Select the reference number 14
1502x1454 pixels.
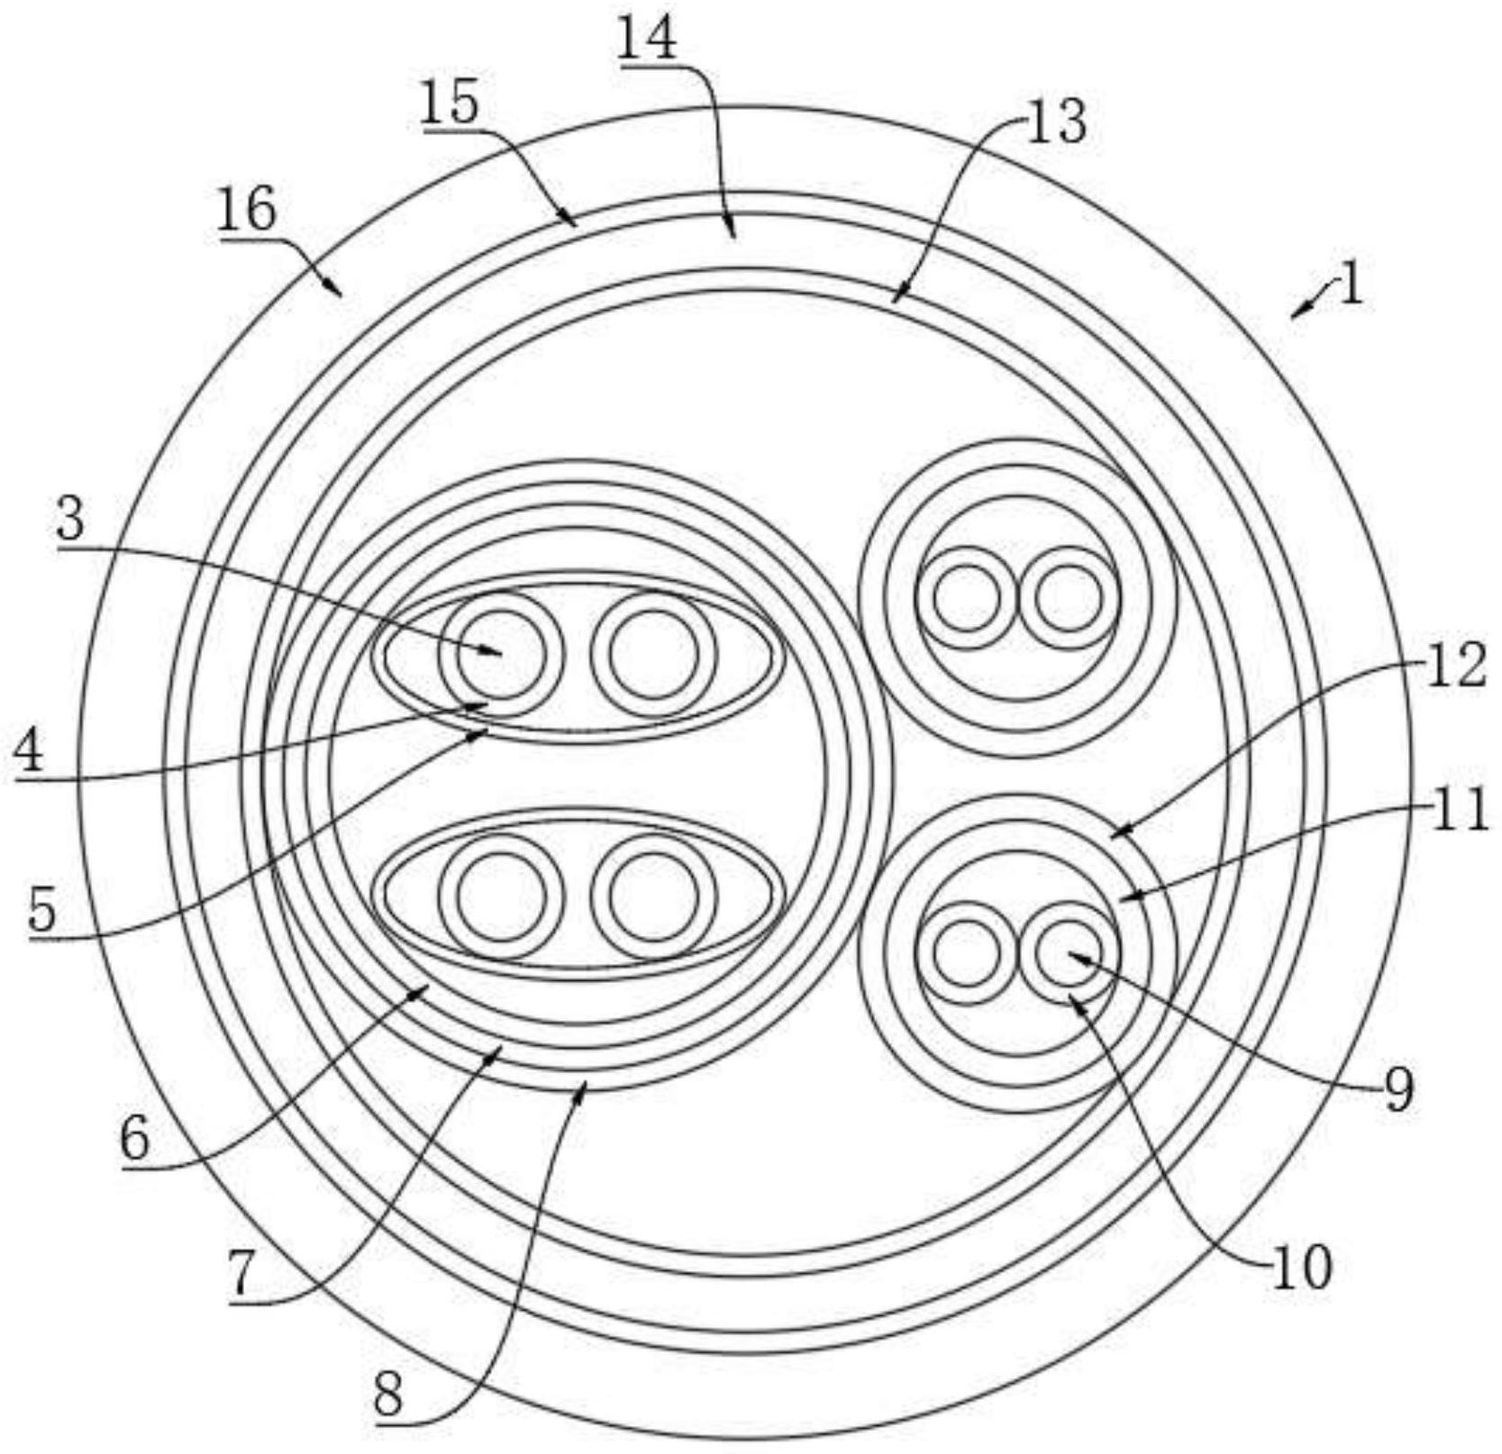647,40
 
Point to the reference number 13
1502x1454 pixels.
1056,121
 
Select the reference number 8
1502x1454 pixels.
388,1397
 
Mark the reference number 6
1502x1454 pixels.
134,1138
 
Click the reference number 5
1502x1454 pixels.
41,910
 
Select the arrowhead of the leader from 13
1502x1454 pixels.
894,300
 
